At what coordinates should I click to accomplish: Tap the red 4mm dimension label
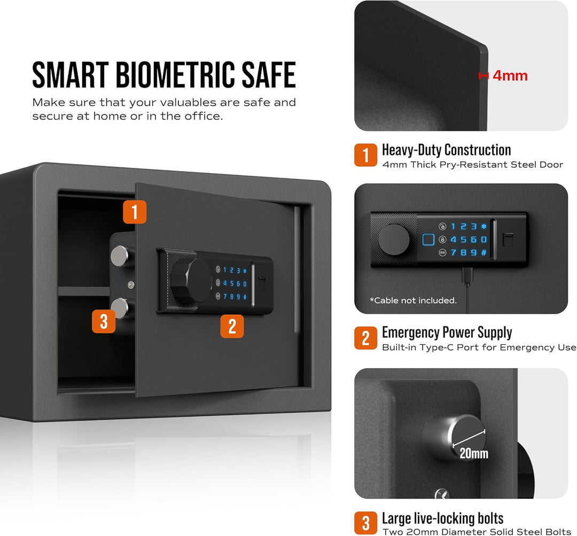[x=510, y=76]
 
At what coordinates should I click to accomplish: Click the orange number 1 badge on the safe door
[x=135, y=212]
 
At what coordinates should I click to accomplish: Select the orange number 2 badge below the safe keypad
[x=232, y=326]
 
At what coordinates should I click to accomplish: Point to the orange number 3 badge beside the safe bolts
[x=104, y=321]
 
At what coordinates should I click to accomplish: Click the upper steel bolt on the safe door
[x=120, y=256]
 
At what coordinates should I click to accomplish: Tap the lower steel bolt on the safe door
[x=120, y=308]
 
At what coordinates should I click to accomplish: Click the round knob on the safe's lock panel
[x=191, y=281]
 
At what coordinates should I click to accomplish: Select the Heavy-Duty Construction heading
[x=446, y=150]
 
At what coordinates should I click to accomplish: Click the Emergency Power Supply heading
[x=447, y=333]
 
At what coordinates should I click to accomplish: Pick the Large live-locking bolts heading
[x=443, y=518]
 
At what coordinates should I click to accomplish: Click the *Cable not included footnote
[x=413, y=300]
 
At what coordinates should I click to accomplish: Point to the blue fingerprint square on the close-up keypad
[x=428, y=239]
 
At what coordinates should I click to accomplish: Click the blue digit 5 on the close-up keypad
[x=463, y=239]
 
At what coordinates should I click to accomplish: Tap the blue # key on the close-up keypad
[x=484, y=253]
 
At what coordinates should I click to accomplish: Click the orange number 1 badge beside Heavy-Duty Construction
[x=365, y=155]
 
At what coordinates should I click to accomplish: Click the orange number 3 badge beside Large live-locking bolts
[x=365, y=523]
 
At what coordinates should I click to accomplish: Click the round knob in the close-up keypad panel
[x=394, y=239]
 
